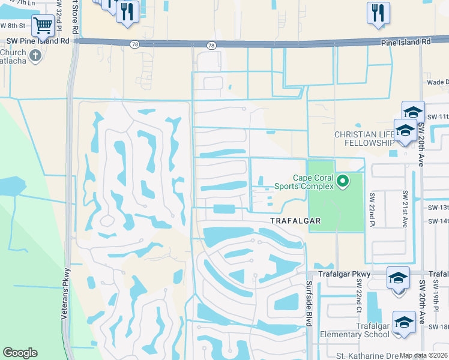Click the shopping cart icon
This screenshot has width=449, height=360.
43,26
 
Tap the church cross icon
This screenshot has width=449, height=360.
35,56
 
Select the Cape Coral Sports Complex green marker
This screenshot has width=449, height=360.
343,180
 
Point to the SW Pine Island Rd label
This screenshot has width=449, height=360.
38,41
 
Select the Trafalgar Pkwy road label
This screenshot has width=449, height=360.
337,274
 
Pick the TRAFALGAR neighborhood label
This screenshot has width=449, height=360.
296,221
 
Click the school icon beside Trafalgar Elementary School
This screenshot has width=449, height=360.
404,322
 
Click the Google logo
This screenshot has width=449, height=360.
20,353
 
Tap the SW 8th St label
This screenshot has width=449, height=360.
13,26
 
